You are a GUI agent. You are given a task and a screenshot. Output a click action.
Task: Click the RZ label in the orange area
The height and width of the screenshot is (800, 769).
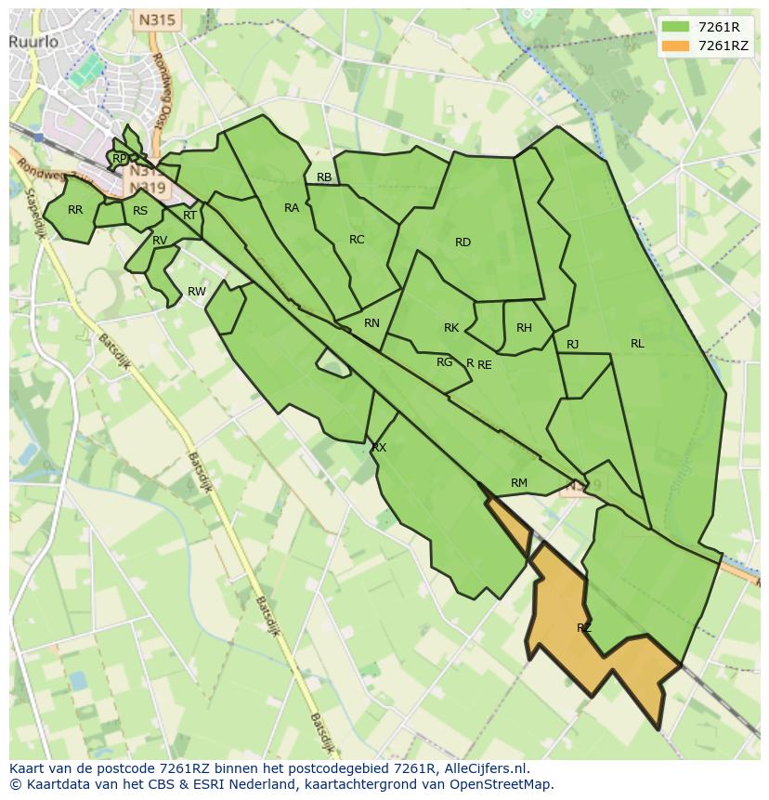click(x=583, y=628)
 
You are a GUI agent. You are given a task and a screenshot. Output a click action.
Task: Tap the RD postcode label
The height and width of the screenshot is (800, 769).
click(x=463, y=243)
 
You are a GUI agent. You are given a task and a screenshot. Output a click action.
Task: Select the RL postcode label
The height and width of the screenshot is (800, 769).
click(x=637, y=344)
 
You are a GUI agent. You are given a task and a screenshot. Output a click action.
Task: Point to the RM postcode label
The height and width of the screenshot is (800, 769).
click(x=519, y=482)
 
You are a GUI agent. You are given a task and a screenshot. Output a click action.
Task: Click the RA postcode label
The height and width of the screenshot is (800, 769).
click(x=292, y=208)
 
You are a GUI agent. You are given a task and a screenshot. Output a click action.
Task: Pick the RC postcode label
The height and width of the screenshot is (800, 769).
click(x=357, y=240)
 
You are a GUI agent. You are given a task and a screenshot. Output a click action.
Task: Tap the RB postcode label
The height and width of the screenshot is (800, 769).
click(x=324, y=177)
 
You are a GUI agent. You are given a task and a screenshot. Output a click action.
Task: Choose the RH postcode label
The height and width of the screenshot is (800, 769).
click(x=524, y=328)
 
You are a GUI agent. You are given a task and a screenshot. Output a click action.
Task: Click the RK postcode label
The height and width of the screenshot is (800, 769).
click(x=451, y=328)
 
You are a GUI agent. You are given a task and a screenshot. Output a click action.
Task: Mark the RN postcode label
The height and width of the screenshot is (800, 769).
click(x=371, y=323)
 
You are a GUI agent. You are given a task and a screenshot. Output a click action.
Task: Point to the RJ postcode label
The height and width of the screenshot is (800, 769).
click(x=573, y=345)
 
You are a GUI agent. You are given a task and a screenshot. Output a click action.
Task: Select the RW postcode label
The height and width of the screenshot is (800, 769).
click(x=197, y=292)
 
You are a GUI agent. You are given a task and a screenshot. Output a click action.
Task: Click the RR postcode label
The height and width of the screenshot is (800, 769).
click(x=75, y=210)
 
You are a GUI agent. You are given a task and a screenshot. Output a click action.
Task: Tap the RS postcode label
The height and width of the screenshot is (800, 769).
click(x=140, y=211)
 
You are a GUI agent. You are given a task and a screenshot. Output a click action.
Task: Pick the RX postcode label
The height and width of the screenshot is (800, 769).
click(x=379, y=448)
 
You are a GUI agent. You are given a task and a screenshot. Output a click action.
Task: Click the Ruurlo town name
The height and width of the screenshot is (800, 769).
click(x=34, y=41)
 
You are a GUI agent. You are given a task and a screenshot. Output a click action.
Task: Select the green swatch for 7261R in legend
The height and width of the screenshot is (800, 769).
click(x=675, y=27)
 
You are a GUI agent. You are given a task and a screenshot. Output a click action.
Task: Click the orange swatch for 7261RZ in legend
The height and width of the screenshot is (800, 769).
click(x=675, y=46)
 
